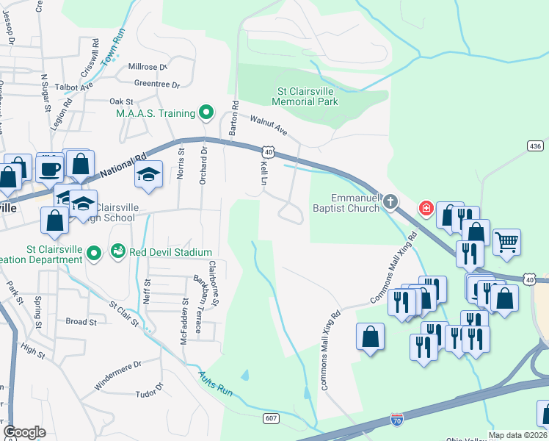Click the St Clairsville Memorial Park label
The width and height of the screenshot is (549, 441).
307,97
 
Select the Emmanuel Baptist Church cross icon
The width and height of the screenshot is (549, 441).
391,201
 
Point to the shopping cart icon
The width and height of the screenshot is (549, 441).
506,241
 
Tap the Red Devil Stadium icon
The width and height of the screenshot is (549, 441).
118,252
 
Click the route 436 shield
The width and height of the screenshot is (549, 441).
535,146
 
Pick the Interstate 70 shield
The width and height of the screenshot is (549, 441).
396,419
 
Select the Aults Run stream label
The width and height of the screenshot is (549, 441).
215,384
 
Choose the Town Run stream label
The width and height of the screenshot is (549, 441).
114,46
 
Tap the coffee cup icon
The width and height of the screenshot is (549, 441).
50,169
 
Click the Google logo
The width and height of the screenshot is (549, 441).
24,432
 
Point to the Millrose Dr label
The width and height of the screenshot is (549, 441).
148,66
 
